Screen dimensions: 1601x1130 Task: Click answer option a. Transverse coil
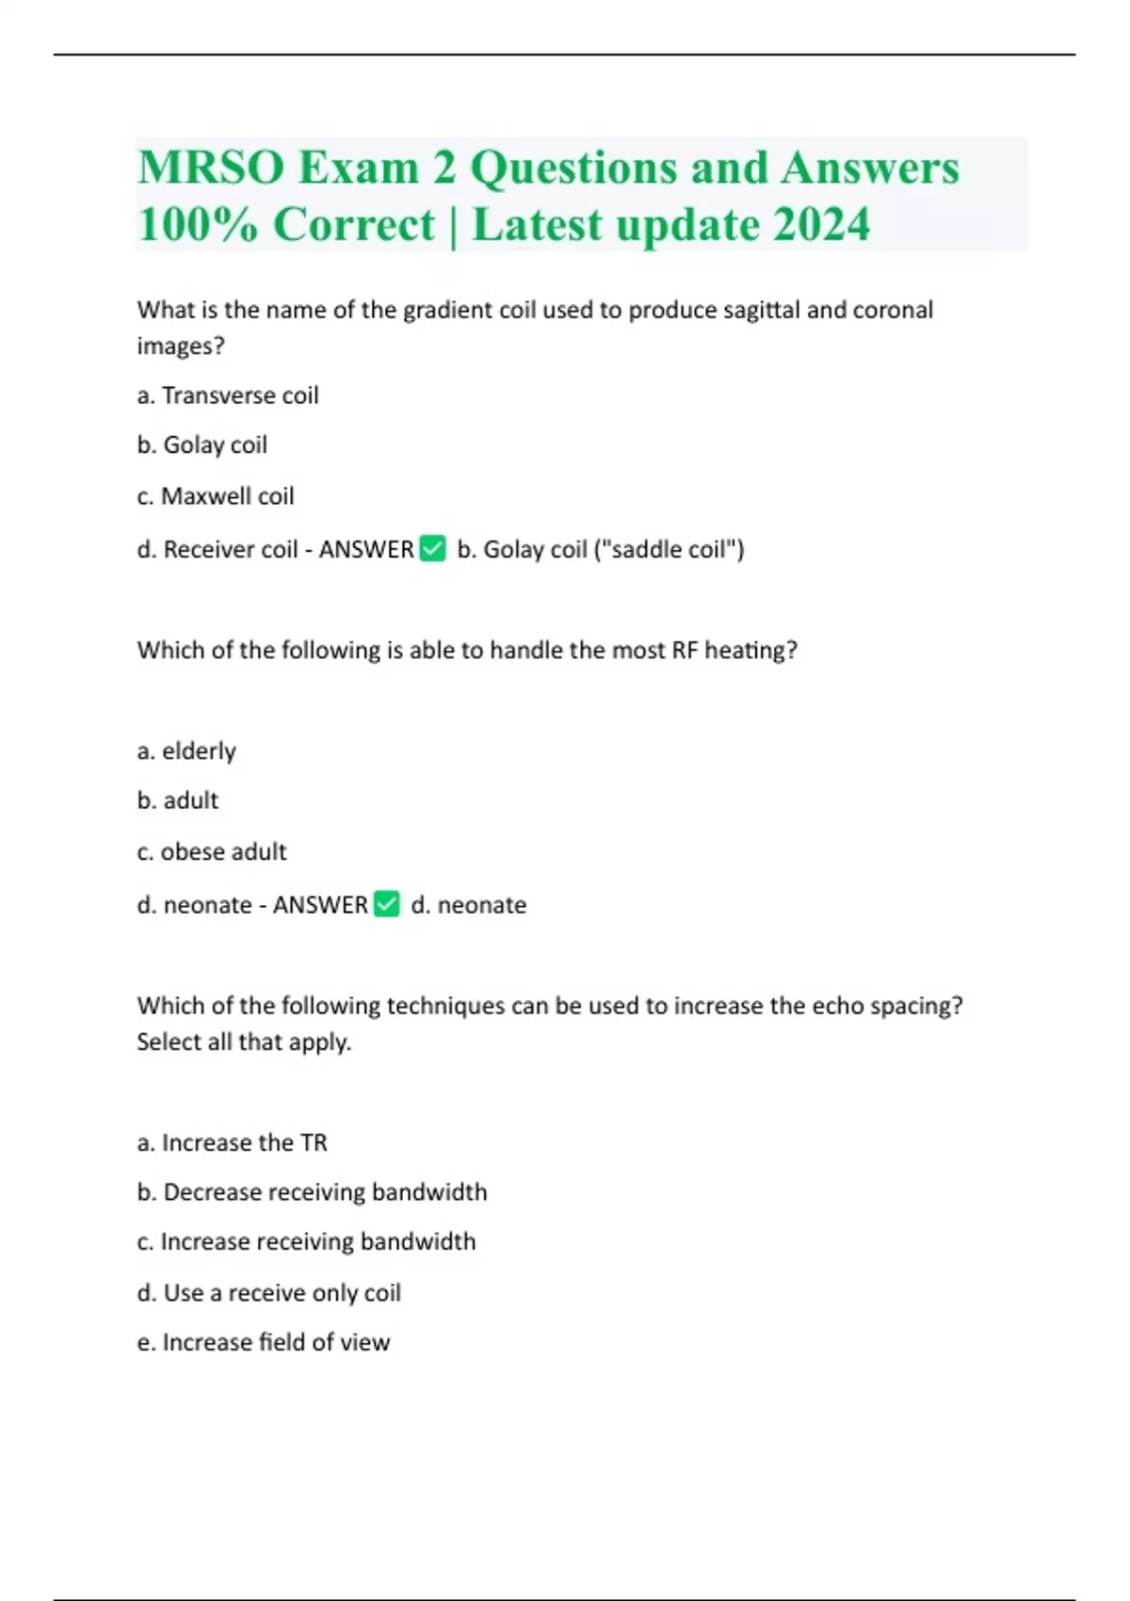228,396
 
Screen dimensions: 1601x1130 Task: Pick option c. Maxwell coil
216,496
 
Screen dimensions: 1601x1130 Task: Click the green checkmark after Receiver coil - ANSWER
432,548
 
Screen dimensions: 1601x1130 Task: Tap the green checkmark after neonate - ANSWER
387,904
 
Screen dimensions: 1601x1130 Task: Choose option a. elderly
186,752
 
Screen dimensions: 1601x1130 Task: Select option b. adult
178,800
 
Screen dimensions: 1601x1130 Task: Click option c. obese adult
212,851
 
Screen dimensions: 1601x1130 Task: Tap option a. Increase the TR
232,1142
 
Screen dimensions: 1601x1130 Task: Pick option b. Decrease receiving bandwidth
312,1192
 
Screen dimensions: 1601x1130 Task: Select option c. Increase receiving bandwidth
306,1241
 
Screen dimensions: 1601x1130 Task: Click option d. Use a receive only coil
268,1293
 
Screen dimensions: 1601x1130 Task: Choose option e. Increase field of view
263,1342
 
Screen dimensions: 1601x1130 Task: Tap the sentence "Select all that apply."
244,1042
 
